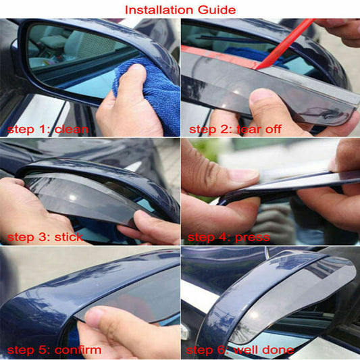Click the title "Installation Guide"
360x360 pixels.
pos(180,10)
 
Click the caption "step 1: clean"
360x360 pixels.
pos(48,130)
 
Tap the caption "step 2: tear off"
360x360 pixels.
pos(235,129)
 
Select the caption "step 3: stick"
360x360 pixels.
pos(45,237)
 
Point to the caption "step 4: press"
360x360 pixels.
pos(229,238)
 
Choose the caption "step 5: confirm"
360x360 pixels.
pos(54,351)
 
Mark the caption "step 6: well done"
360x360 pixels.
pos(240,351)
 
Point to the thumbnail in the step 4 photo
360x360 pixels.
pos(243,176)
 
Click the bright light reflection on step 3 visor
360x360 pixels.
pos(73,197)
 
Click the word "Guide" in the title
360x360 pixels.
pos(217,10)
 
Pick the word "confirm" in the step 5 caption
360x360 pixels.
pos(78,351)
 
